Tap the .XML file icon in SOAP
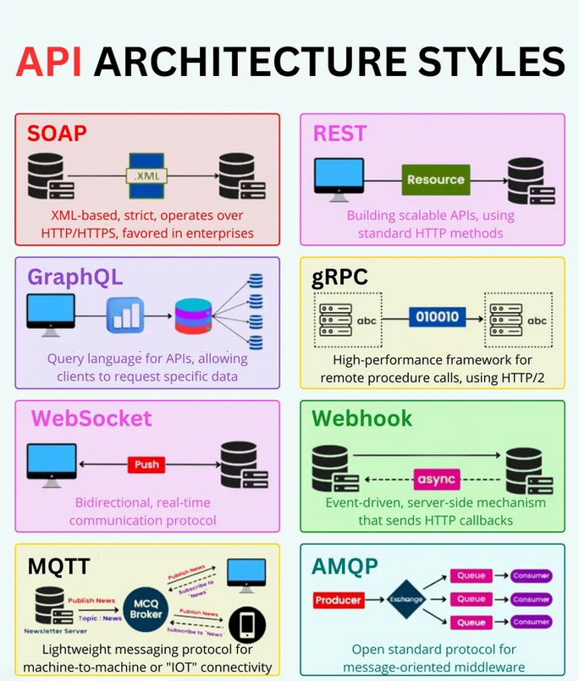148,175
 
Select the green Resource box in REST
435,179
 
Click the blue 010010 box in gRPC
437,317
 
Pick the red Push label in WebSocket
146,464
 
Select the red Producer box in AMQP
338,600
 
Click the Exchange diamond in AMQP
405,600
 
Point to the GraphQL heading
74,277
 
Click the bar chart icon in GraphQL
125,316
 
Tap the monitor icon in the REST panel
339,178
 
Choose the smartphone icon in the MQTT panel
247,623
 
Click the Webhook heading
361,418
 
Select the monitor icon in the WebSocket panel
51,462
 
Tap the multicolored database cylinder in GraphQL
193,316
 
